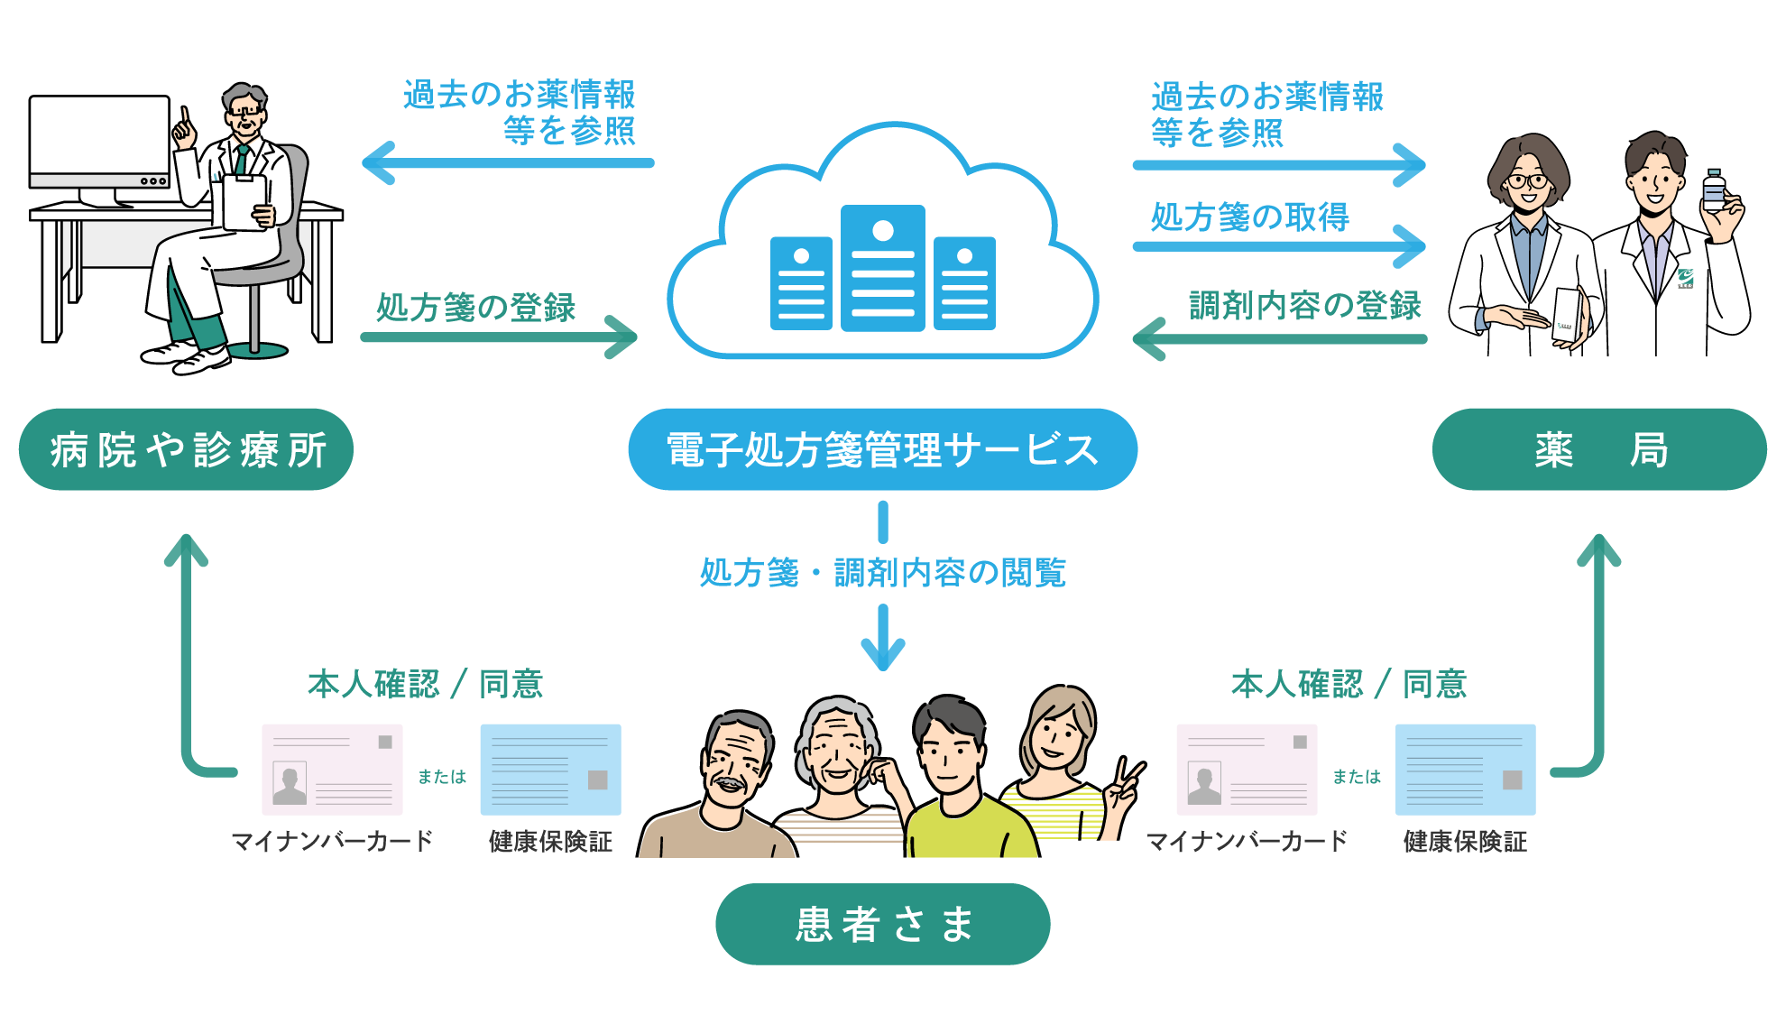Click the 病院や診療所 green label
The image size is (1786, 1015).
[186, 449]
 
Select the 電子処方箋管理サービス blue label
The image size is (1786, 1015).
[882, 449]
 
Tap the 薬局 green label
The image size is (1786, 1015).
[1599, 449]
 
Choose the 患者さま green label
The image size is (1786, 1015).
[882, 924]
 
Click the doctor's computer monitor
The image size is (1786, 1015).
[99, 140]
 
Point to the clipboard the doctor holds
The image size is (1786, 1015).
[244, 201]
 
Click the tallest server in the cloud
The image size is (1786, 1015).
[882, 268]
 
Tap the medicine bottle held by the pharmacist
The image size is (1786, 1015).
[1713, 191]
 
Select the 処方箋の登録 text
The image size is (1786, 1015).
[475, 308]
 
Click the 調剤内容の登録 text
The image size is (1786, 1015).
[1304, 306]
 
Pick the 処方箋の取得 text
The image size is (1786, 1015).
[1249, 217]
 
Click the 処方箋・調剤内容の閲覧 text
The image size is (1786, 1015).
[882, 573]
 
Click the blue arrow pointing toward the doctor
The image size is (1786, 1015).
[505, 163]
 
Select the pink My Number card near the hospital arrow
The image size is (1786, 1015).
[332, 770]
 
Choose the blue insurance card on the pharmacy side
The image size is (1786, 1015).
[1465, 770]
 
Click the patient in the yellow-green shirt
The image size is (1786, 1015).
[961, 785]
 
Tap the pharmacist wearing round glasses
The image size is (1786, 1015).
[1526, 253]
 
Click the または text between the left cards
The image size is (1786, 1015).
[442, 777]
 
